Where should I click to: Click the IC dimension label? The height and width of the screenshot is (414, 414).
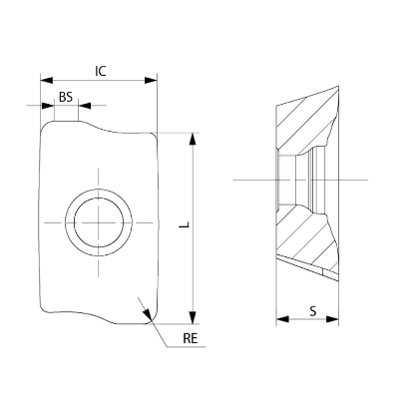point(101,71)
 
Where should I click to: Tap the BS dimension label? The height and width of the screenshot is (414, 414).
point(66,97)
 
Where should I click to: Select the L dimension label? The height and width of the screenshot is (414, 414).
point(185,224)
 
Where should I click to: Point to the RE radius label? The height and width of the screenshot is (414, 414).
point(191,338)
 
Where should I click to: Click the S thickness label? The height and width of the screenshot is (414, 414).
point(313,311)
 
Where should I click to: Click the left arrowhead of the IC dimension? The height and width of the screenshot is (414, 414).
point(46,80)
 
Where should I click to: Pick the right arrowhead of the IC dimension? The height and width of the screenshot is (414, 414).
point(151,80)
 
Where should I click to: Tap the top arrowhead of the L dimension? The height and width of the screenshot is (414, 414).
point(193,139)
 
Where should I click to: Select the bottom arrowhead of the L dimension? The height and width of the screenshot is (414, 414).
point(193,317)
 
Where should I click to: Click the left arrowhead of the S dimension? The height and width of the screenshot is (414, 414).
point(282,319)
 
